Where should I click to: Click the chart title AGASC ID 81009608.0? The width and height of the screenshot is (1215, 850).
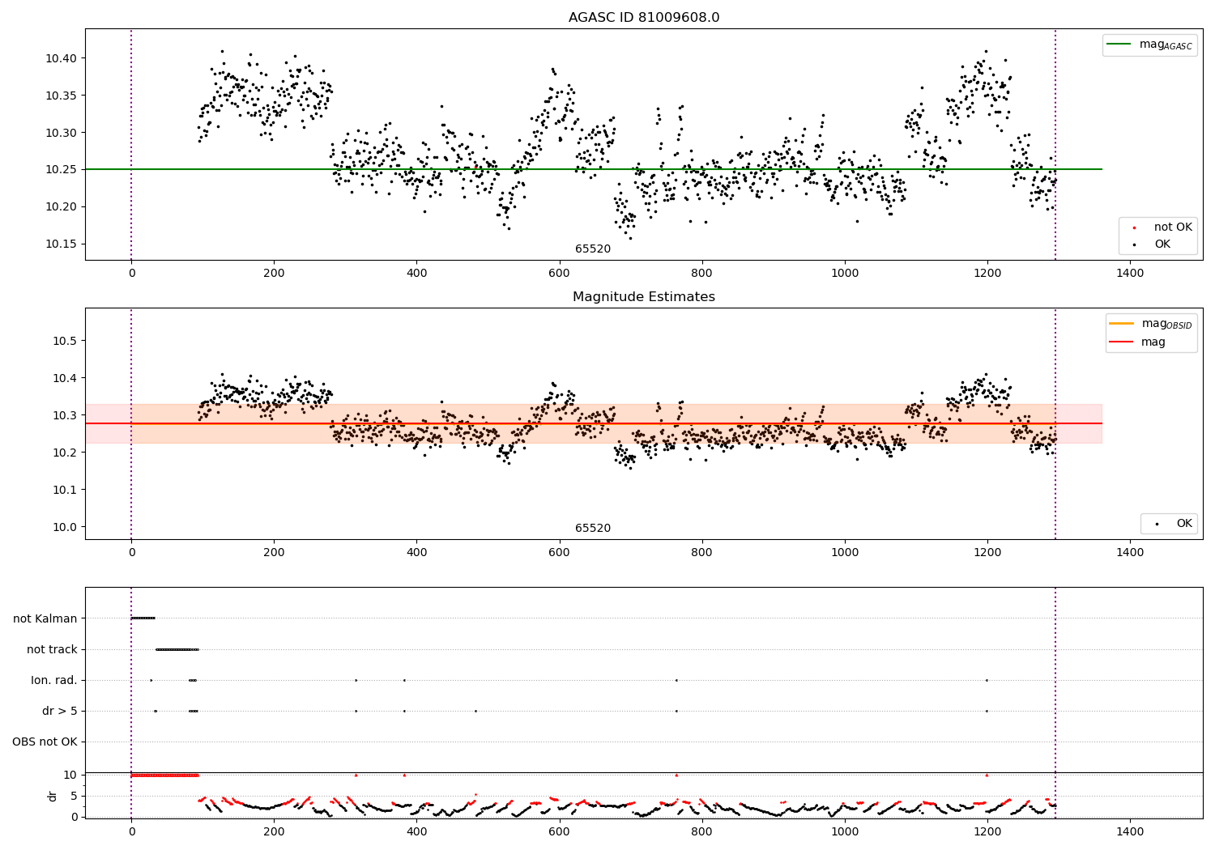click(x=643, y=17)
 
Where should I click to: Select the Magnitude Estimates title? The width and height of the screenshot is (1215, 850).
click(x=643, y=297)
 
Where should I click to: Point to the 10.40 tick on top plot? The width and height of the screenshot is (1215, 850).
click(x=61, y=58)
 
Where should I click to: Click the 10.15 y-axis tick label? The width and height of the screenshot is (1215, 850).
click(x=61, y=244)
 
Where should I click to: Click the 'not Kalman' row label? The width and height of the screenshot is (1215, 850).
click(x=45, y=618)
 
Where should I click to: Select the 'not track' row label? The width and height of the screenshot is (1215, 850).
click(x=52, y=649)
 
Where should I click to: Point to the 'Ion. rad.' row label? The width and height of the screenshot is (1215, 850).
click(x=54, y=680)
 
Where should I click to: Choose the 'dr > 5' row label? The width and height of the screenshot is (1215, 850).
click(x=60, y=711)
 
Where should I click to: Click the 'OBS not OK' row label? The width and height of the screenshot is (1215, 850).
click(x=45, y=742)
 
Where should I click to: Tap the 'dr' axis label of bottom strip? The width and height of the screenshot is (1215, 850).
click(x=53, y=796)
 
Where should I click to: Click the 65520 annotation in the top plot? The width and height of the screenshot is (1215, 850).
click(x=593, y=249)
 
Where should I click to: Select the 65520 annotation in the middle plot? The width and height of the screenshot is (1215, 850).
click(x=593, y=529)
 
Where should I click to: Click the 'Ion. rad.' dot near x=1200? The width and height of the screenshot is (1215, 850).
click(x=987, y=680)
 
